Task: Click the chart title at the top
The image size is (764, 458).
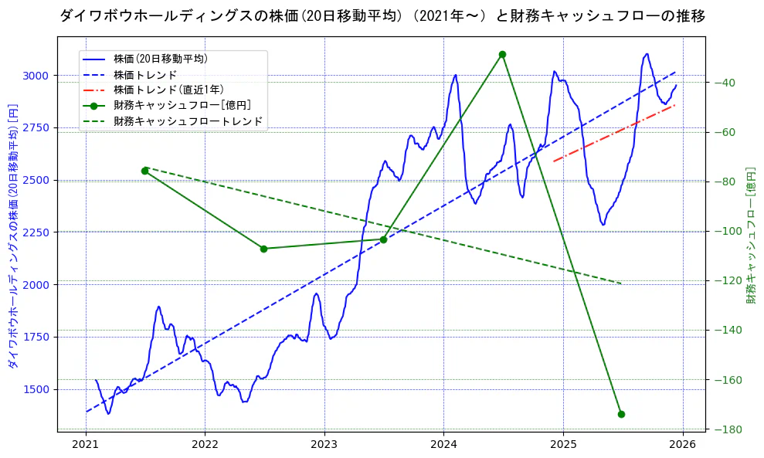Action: tap(382, 15)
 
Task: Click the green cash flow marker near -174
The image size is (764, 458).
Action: tap(621, 414)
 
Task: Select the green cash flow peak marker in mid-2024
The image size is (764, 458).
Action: tap(502, 54)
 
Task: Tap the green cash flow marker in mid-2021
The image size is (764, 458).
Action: tap(144, 171)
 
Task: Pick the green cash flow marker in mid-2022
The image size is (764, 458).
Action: tap(263, 249)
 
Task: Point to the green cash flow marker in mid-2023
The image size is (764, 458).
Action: tap(383, 239)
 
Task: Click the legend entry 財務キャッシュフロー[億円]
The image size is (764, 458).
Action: tap(182, 105)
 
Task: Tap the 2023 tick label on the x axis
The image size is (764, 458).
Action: tap(324, 445)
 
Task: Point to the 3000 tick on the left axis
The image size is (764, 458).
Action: tap(36, 76)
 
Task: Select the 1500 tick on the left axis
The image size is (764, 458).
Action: tap(36, 389)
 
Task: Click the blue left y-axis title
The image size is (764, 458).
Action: tap(13, 236)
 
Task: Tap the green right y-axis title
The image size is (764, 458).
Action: tap(750, 236)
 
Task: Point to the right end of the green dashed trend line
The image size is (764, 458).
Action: tap(621, 283)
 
